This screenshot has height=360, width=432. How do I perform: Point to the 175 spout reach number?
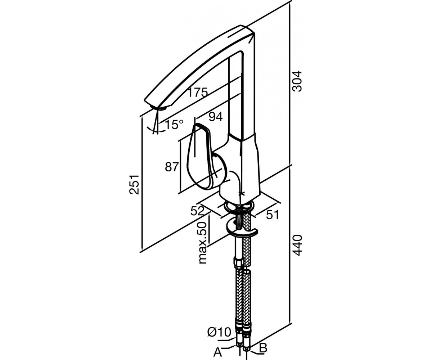click(197, 92)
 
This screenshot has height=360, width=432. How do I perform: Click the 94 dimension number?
click(215, 117)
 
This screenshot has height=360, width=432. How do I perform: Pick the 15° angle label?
click(174, 125)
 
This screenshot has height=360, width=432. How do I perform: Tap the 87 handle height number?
click(172, 167)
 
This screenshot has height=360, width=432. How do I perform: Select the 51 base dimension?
click(272, 215)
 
